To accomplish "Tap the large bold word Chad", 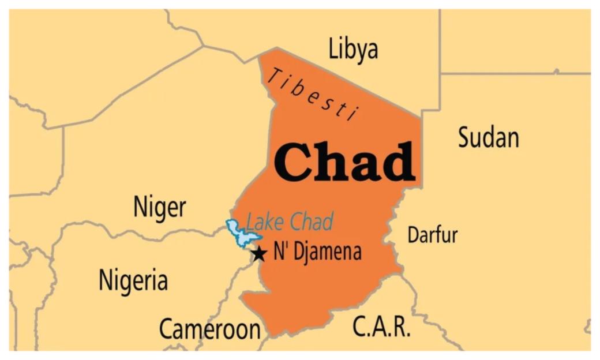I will click(x=345, y=162).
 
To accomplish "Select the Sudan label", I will click(x=488, y=138).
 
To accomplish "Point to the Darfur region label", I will click(x=432, y=235).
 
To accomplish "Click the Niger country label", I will click(x=160, y=207).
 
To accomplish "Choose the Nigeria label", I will click(x=133, y=280).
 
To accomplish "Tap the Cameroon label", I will click(x=209, y=329).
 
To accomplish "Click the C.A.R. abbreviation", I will click(x=381, y=327).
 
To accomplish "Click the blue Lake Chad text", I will click(x=290, y=222).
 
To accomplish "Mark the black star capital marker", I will click(x=259, y=253).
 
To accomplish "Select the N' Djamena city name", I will click(x=317, y=252).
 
